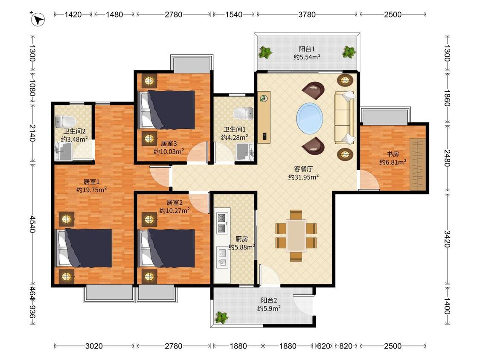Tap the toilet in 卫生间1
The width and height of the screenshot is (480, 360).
243,113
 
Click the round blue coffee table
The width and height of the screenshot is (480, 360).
309,118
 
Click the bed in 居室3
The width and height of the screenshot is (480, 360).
167,110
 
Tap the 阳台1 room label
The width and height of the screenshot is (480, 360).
307,49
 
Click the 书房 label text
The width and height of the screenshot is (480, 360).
393,154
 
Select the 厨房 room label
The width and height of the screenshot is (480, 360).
241,239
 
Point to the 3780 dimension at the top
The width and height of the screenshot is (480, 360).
307,15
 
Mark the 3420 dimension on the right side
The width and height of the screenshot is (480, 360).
447,239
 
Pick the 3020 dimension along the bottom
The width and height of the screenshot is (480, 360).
94,346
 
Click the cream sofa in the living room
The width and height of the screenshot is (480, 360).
345,118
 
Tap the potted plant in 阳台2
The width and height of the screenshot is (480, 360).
221,317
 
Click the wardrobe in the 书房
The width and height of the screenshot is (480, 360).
418,164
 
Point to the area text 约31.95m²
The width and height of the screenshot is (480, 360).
304,177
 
